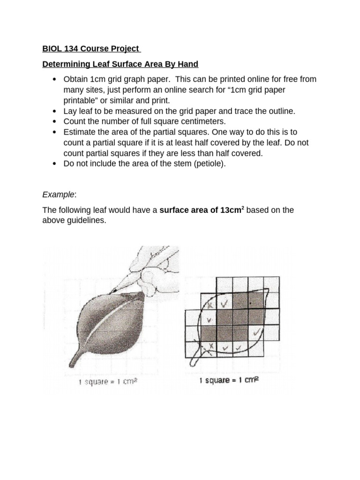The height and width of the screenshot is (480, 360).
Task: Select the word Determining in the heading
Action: [x=65, y=64]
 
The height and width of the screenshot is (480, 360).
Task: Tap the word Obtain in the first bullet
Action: [x=76, y=79]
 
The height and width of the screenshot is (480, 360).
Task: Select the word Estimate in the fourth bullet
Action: [x=80, y=132]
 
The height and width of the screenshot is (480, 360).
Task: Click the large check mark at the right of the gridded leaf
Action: [x=256, y=332]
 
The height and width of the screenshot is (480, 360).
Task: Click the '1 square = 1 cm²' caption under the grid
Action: [x=229, y=380]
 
